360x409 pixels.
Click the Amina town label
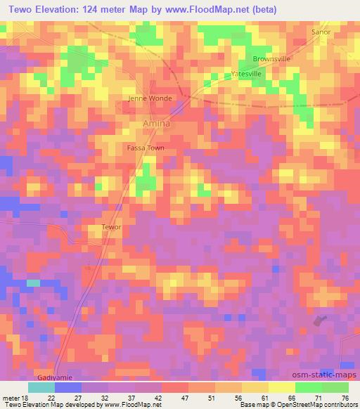156,124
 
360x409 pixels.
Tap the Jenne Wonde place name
149,98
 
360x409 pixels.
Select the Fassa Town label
146,148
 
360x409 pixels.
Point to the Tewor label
112,228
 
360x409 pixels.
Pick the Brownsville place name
271,60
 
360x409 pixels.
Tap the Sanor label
321,32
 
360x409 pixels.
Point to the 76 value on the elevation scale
344,398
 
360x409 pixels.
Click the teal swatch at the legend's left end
41,387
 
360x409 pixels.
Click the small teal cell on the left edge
33,283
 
